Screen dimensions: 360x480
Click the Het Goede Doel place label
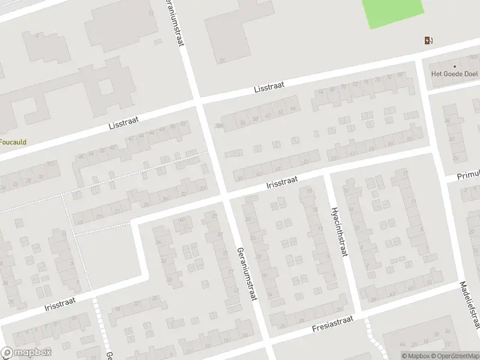[x=454, y=74]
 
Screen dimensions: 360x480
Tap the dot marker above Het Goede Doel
[x=454, y=66]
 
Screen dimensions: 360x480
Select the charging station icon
[x=428, y=41]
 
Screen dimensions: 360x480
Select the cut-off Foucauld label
[x=13, y=142]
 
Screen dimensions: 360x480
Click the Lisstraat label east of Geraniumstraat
[x=268, y=88]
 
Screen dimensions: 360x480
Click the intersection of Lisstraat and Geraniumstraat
[x=199, y=101]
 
